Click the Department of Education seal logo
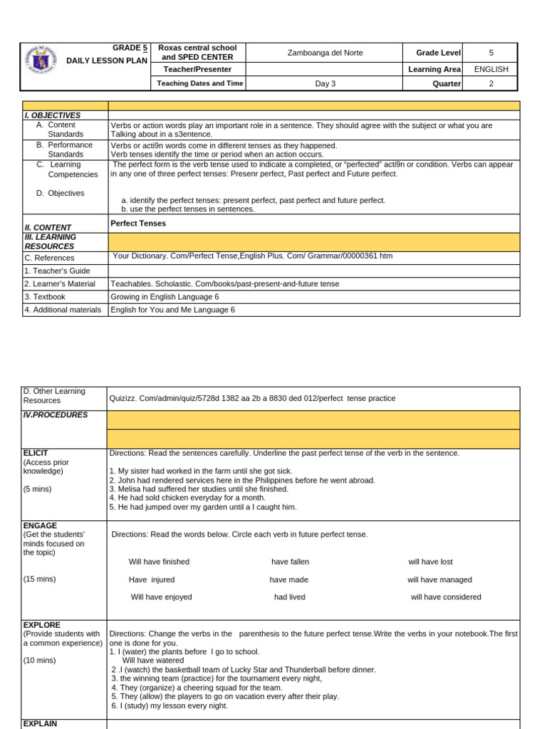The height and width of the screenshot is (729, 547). click(x=41, y=65)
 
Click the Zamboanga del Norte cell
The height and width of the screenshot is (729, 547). click(x=324, y=53)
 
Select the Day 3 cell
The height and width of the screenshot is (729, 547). click(x=324, y=84)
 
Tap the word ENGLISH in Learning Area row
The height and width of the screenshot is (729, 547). click(x=491, y=69)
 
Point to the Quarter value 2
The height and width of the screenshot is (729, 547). click(x=491, y=84)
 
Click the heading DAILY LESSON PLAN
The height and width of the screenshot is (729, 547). click(x=106, y=61)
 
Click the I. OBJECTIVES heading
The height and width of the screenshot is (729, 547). click(x=52, y=115)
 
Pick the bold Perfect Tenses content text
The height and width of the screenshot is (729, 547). click(x=138, y=223)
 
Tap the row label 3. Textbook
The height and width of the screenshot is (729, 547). click(x=45, y=297)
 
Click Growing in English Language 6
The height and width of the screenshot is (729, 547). click(x=165, y=297)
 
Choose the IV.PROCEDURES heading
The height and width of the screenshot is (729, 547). click(x=56, y=415)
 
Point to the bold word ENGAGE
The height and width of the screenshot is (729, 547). click(x=40, y=525)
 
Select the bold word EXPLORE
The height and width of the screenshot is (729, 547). click(x=42, y=625)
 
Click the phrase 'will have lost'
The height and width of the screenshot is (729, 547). click(x=430, y=562)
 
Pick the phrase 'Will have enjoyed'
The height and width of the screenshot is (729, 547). click(x=161, y=597)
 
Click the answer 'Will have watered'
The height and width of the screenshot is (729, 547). click(x=153, y=661)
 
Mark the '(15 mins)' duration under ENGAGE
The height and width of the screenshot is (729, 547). click(x=39, y=579)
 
